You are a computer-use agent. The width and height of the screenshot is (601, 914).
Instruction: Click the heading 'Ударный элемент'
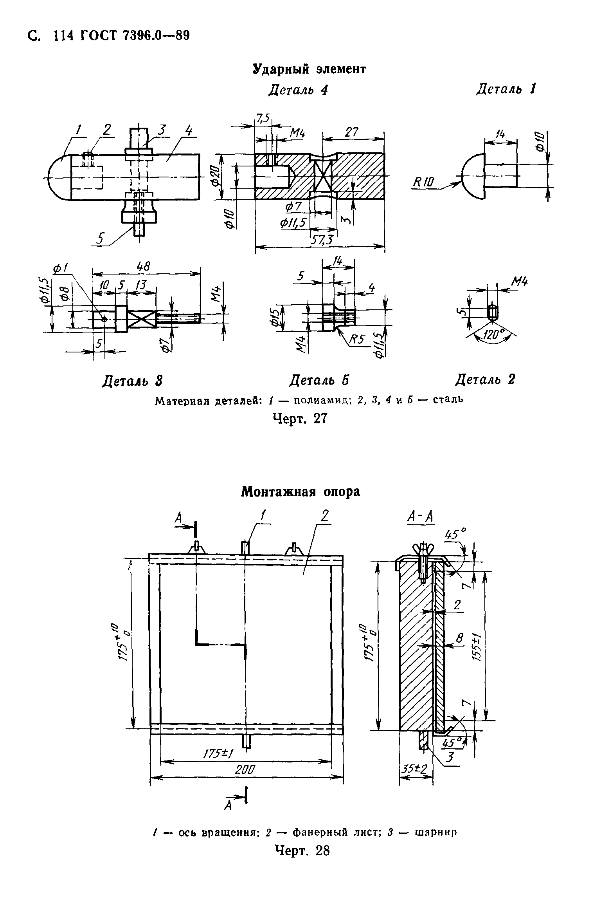[x=309, y=69]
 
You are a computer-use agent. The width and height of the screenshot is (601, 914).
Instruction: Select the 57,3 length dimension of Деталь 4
[x=321, y=240]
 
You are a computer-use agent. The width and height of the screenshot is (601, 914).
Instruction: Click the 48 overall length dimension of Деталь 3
[x=144, y=267]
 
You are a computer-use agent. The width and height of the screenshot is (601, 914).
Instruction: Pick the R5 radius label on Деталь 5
[x=356, y=339]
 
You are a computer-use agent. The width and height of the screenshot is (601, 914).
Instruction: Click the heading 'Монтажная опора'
[x=300, y=491]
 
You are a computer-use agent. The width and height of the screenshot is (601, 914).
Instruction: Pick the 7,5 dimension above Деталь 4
[x=263, y=118]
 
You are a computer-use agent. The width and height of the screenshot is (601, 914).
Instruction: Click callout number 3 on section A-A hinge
[x=450, y=758]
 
